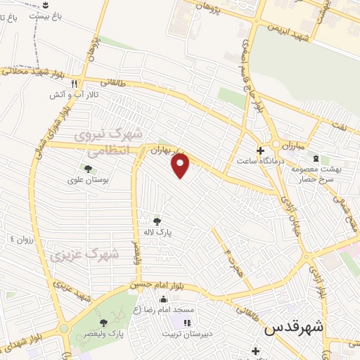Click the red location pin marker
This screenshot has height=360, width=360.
point(181,165)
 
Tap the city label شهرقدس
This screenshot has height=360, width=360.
point(293,328)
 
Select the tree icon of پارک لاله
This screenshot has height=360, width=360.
point(156,220)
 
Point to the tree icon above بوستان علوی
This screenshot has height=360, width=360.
point(88,169)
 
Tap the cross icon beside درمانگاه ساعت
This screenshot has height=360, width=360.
point(260,150)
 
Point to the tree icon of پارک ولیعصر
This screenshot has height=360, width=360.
point(104,323)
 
